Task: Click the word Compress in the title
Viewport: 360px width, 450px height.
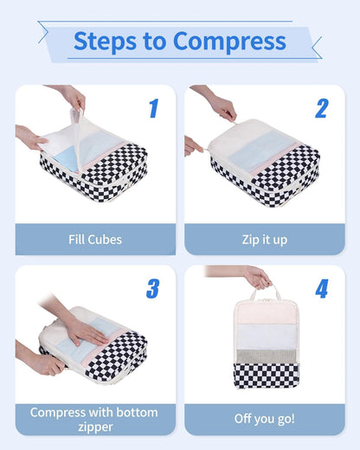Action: (229, 41)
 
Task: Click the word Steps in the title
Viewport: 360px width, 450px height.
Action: (103, 41)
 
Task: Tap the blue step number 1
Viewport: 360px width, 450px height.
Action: (153, 109)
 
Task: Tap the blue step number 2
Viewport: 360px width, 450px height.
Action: (321, 109)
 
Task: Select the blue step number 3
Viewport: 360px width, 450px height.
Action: (153, 288)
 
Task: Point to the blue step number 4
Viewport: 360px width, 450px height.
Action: (321, 288)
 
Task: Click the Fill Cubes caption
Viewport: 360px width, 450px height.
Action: (94, 239)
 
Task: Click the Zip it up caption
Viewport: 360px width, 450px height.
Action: (264, 239)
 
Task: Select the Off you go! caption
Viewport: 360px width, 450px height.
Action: (264, 419)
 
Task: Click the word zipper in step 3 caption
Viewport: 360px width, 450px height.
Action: (94, 426)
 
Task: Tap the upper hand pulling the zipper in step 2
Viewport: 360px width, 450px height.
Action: (222, 107)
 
